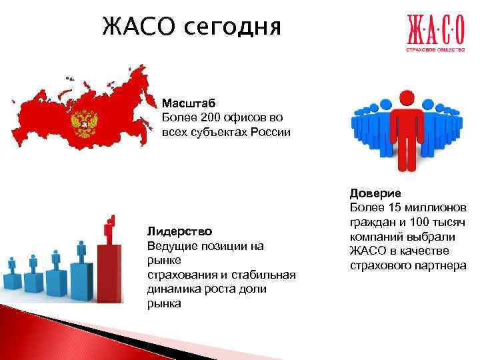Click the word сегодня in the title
pos(231,28)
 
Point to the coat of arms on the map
pos(85,124)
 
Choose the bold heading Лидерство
pos(179,231)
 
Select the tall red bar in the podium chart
pos(110,273)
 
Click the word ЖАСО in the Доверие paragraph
pos(366,251)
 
